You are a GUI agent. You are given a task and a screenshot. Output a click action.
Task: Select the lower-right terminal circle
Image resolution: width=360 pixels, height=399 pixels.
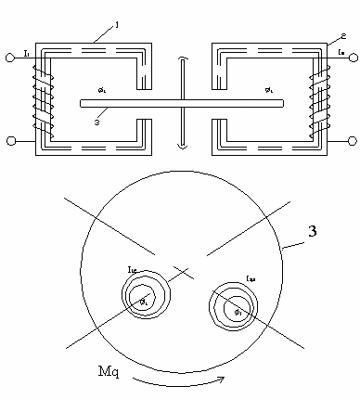pos(354,140)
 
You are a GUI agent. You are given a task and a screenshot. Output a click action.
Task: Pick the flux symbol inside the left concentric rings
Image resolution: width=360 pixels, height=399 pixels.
pos(144,301)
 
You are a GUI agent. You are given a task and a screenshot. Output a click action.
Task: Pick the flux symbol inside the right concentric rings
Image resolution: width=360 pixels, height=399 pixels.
pos(238,310)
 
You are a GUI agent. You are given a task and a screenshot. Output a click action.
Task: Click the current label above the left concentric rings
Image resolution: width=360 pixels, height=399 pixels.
pos(133,269)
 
